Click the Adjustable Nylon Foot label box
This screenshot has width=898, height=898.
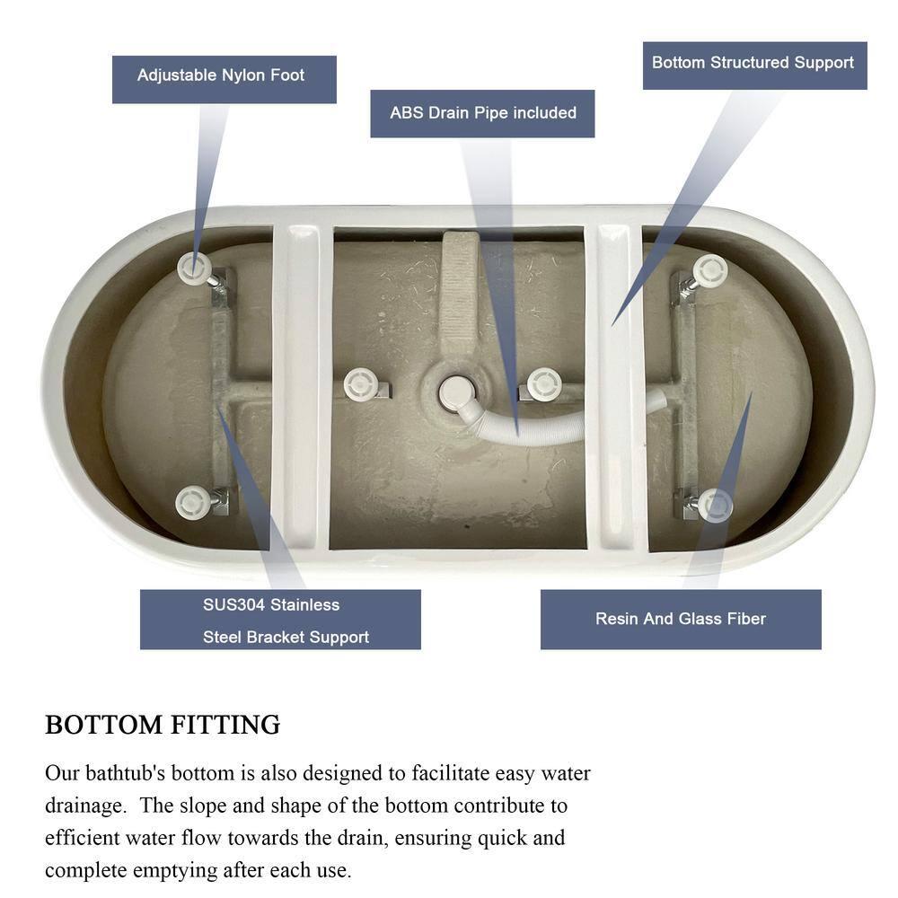[x=224, y=80]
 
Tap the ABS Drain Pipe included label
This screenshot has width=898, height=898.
[x=482, y=113]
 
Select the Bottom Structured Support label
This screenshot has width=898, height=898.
[x=755, y=66]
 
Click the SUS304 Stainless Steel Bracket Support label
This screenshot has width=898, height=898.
[x=280, y=619]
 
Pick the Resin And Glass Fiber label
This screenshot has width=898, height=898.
[x=681, y=619]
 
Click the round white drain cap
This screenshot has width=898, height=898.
[x=456, y=392]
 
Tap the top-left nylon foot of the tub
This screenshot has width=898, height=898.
[x=194, y=267]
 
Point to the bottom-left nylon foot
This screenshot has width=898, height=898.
[x=193, y=502]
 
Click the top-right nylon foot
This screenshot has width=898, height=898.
[x=710, y=269]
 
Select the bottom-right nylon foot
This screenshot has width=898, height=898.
[x=716, y=505]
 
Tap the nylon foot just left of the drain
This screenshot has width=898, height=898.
[x=361, y=384]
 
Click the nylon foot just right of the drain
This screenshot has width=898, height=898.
[x=544, y=384]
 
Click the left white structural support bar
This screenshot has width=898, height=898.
[x=302, y=386]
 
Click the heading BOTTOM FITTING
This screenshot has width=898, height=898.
[x=163, y=725]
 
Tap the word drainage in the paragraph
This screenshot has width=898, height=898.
[x=85, y=806]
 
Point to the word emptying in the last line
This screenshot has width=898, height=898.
[x=175, y=870]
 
